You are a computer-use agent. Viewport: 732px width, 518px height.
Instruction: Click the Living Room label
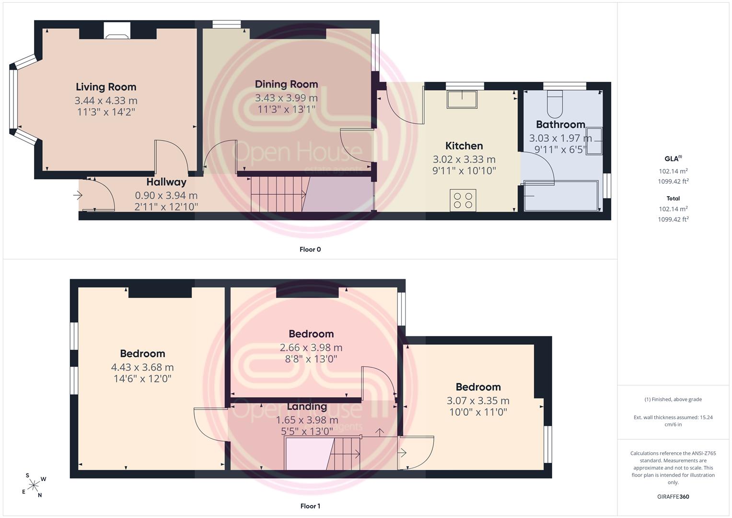pyautogui.click(x=106, y=87)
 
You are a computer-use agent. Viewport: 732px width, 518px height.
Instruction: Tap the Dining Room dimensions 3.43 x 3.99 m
pyautogui.click(x=286, y=98)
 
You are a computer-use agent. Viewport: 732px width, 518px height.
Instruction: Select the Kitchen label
pyautogui.click(x=464, y=146)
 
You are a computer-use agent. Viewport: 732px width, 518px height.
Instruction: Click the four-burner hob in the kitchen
pyautogui.click(x=463, y=200)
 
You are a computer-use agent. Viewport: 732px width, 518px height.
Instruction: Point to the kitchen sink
pyautogui.click(x=462, y=99)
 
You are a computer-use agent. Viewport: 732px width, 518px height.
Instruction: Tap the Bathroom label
pyautogui.click(x=560, y=125)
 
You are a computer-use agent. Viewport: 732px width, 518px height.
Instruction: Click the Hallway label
pyautogui.click(x=166, y=182)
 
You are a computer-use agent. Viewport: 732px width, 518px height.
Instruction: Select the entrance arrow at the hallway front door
pyautogui.click(x=78, y=196)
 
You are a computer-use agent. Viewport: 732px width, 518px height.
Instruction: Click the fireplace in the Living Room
pyautogui.click(x=117, y=31)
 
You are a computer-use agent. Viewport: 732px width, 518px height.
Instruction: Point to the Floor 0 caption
pyautogui.click(x=310, y=249)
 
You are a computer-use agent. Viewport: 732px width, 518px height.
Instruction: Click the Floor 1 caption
pyautogui.click(x=310, y=506)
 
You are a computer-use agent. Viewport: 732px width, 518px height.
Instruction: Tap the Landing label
pyautogui.click(x=307, y=407)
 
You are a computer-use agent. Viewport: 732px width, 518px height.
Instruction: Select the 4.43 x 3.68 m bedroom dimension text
pyautogui.click(x=142, y=367)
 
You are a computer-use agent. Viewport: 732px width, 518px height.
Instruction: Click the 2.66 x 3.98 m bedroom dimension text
pyautogui.click(x=311, y=348)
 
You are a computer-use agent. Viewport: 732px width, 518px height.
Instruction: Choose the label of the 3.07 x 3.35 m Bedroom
pyautogui.click(x=478, y=387)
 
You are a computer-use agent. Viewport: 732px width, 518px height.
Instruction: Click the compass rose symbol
pyautogui.click(x=34, y=485)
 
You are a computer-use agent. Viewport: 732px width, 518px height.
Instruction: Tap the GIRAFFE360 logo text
pyautogui.click(x=673, y=497)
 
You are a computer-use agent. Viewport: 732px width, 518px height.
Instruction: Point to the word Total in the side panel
pyautogui.click(x=673, y=199)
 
